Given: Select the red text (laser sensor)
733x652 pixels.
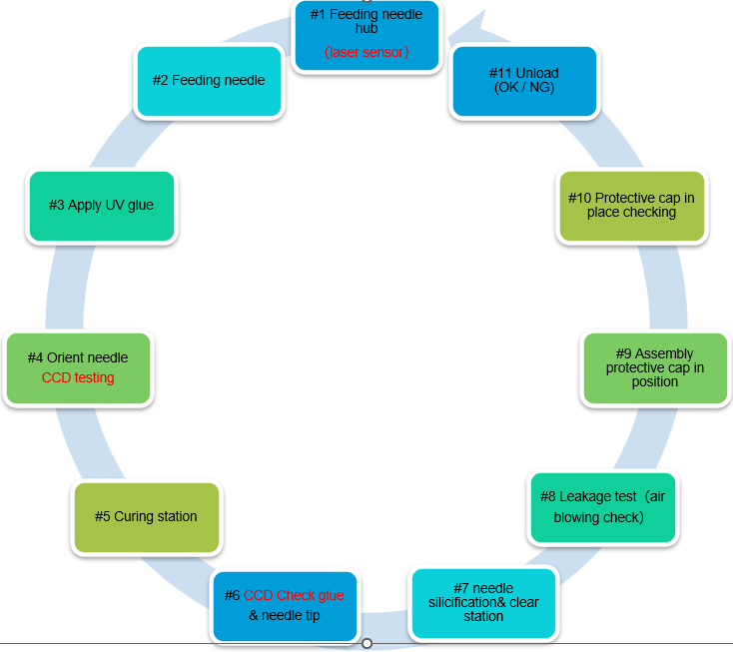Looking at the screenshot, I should click(366, 52).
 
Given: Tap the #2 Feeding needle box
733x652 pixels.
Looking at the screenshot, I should click(209, 80).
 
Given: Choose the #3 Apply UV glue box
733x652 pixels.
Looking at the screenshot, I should click(102, 206).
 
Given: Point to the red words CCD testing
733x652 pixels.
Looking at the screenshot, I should click(78, 377).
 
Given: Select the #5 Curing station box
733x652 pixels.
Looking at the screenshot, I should click(146, 516).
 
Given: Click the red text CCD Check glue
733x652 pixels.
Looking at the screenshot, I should click(294, 595).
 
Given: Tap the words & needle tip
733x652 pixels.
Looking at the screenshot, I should click(285, 615).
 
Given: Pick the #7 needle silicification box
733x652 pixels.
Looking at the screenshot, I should click(482, 602).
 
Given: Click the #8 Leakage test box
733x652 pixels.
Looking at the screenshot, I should click(602, 507).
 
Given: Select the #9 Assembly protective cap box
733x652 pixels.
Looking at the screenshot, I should click(654, 367).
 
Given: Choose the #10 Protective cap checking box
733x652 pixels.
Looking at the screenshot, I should click(631, 205).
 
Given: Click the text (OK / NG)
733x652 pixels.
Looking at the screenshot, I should click(524, 87).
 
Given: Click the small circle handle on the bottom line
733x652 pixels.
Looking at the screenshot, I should click(366, 643).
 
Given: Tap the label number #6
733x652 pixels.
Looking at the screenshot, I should click(231, 595).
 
